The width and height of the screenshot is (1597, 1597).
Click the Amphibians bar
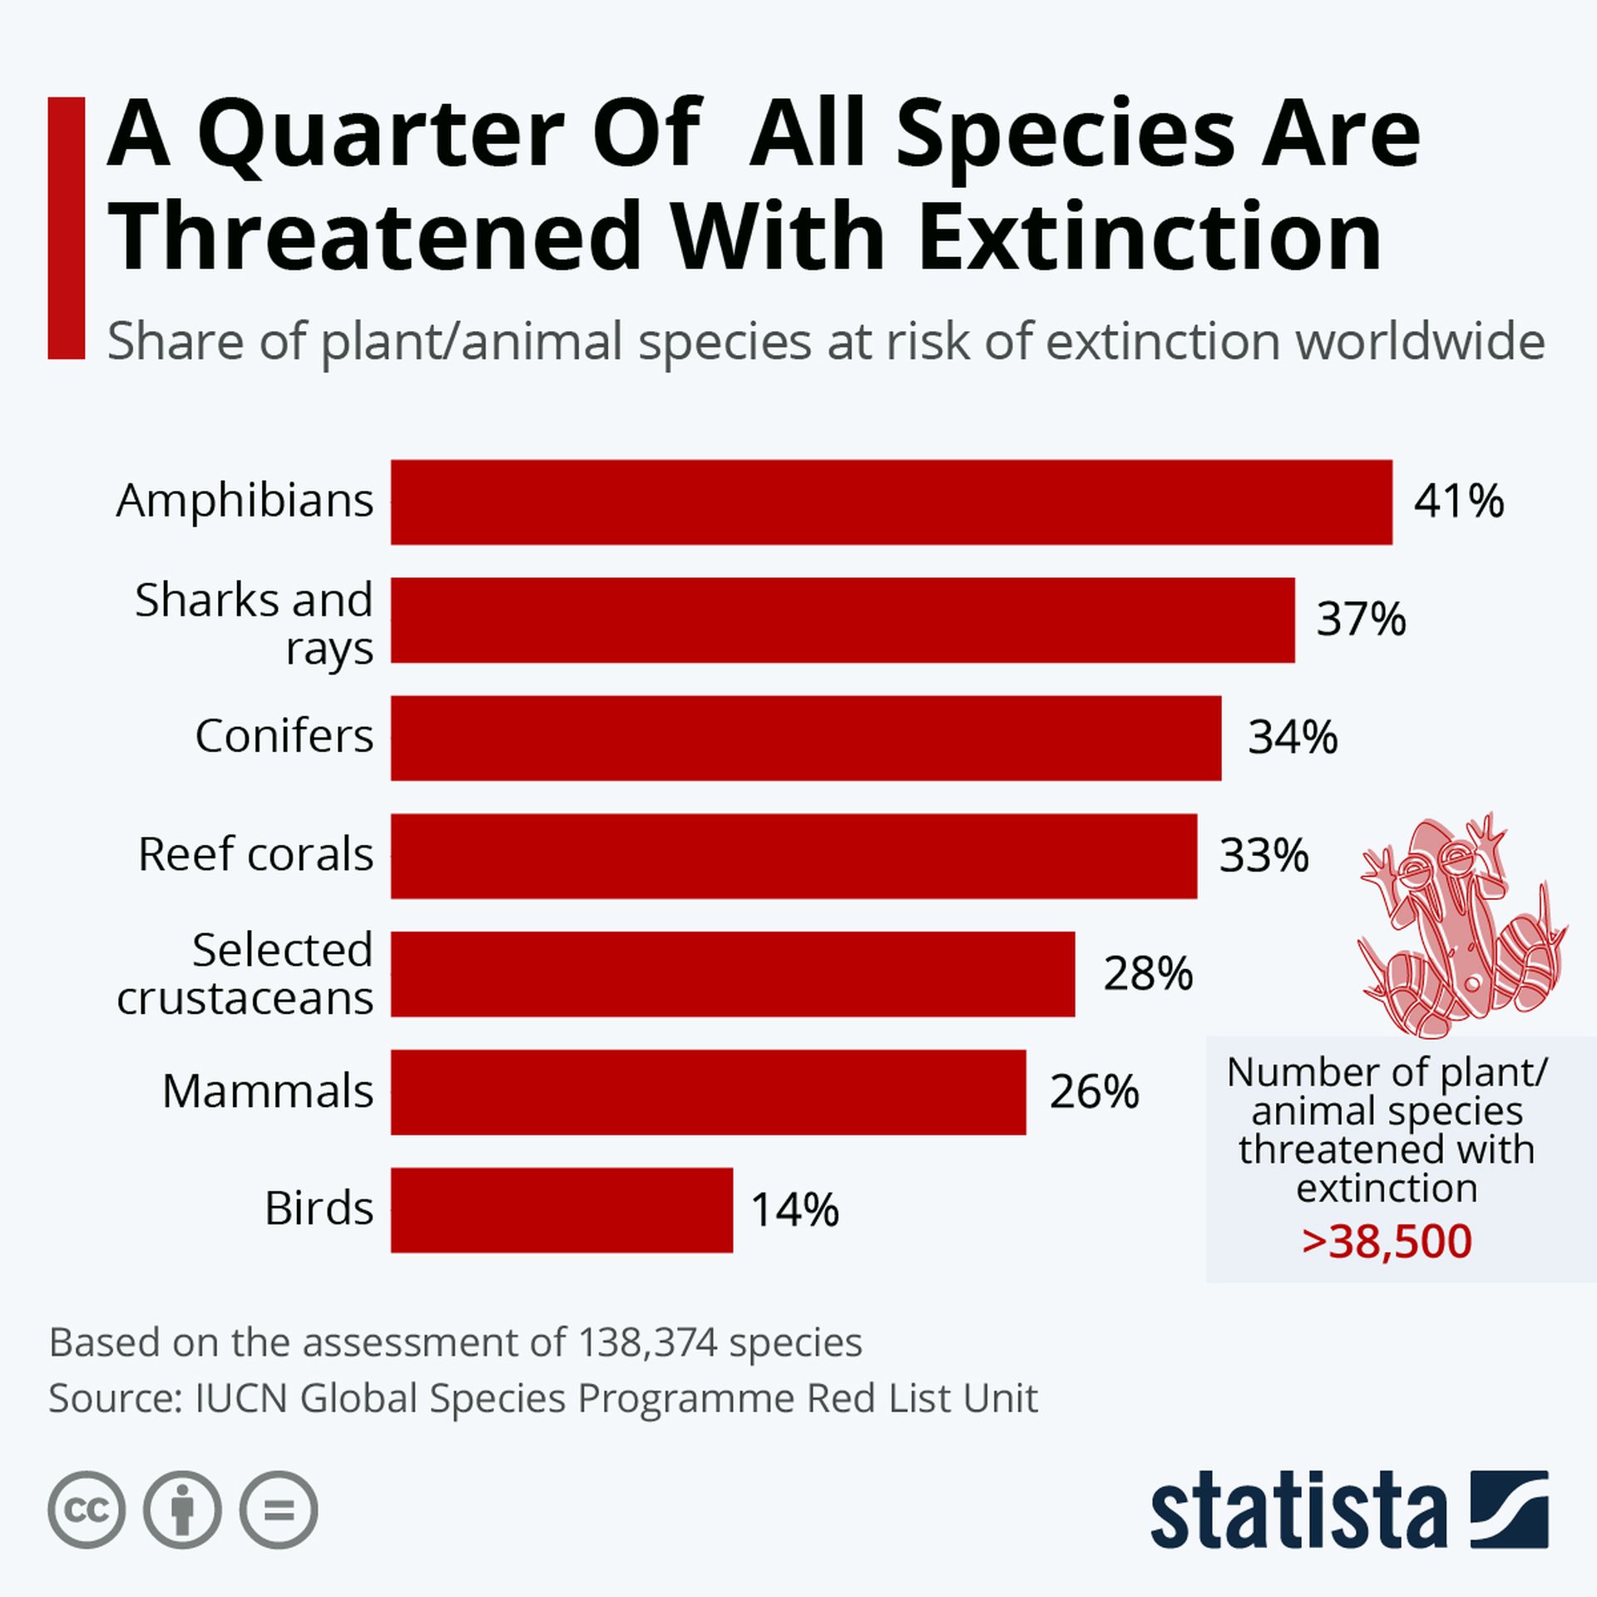(x=891, y=502)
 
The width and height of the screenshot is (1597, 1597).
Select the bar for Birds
(x=561, y=1209)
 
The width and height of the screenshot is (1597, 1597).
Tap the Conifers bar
(x=805, y=738)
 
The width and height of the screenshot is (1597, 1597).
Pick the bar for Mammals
(x=708, y=1091)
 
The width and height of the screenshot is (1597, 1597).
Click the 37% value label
(x=1361, y=621)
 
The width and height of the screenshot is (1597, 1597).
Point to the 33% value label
(x=1263, y=856)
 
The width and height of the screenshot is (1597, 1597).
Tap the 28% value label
(x=1148, y=974)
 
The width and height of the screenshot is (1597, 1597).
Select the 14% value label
(x=794, y=1210)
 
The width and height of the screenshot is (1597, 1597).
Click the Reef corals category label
(x=255, y=854)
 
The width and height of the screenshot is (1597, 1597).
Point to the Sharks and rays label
(x=254, y=623)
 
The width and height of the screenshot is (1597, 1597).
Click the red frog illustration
(x=1462, y=925)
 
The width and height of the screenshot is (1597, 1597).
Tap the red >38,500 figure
(x=1387, y=1242)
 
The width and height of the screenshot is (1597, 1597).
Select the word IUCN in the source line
(x=241, y=1398)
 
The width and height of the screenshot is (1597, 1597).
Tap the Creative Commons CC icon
(x=87, y=1510)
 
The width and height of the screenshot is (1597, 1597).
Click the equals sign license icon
(x=279, y=1510)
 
